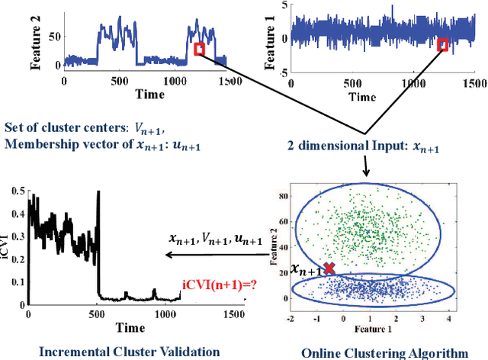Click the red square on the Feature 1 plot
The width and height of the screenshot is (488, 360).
point(443,45)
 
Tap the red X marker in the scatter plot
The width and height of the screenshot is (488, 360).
point(329,268)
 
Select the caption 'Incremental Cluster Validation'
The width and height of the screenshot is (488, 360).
point(129,351)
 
